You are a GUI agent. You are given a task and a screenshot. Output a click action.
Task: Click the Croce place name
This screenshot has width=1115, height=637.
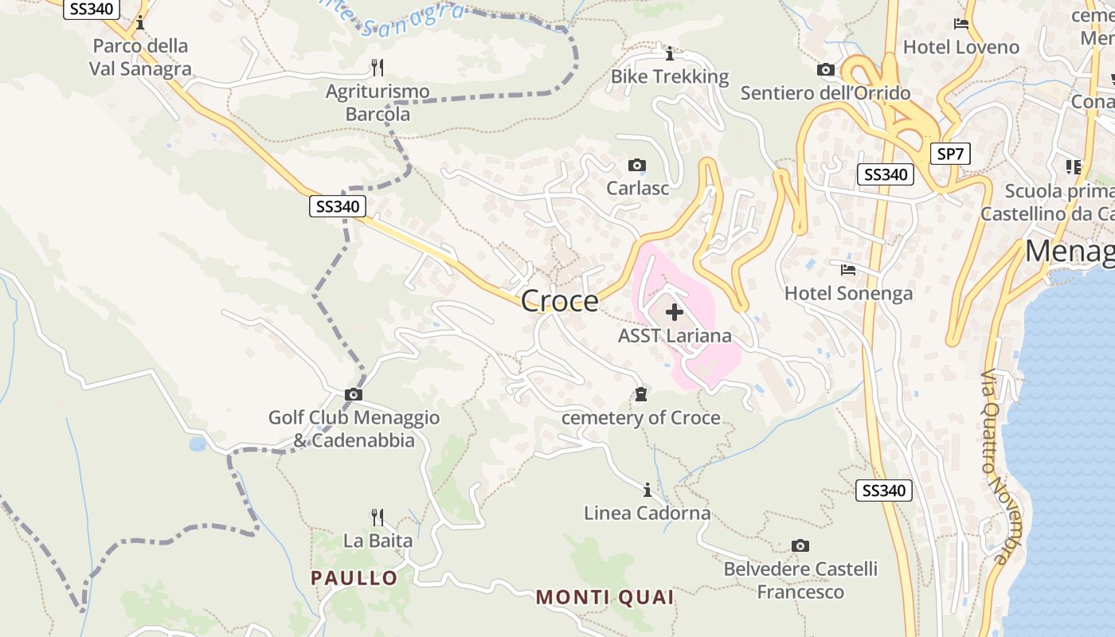(559, 301)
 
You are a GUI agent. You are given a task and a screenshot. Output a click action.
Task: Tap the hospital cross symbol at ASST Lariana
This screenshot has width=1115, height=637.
(674, 312)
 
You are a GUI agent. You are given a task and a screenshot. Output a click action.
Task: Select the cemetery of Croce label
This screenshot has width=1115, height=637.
(640, 418)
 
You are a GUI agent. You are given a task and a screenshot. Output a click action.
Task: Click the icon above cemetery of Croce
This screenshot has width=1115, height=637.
(640, 394)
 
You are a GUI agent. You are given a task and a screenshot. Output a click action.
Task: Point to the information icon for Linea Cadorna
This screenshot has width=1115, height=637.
(647, 489)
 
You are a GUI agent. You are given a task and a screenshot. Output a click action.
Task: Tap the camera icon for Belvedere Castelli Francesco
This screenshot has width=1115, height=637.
(800, 545)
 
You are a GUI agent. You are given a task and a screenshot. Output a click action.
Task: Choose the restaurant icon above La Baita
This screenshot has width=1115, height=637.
(378, 517)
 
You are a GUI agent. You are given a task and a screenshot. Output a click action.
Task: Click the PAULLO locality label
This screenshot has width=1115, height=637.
(354, 578)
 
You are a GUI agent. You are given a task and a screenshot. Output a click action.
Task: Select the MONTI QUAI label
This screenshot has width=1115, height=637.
(604, 597)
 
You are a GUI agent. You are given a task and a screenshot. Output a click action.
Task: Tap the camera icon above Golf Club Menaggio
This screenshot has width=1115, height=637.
(354, 394)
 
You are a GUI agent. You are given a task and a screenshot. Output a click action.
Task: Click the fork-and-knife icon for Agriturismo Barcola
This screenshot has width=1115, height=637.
(378, 67)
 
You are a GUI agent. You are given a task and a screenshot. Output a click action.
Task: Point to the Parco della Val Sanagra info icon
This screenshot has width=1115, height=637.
(140, 22)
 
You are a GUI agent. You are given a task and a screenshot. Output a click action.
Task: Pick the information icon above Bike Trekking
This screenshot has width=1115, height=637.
(669, 53)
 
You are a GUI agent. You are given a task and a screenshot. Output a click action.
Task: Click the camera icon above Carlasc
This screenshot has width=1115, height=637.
(636, 166)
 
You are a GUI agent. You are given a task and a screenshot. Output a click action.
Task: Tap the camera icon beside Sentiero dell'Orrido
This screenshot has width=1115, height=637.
(826, 70)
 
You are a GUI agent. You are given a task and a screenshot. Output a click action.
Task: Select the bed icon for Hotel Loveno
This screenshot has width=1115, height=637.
(961, 24)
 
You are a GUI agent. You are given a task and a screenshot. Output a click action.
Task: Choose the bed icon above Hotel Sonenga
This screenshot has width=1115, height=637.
(848, 270)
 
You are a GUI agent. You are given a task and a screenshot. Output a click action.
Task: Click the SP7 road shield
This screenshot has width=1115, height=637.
(950, 154)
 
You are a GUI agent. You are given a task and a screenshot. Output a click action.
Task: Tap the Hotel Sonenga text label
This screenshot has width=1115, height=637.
(848, 294)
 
